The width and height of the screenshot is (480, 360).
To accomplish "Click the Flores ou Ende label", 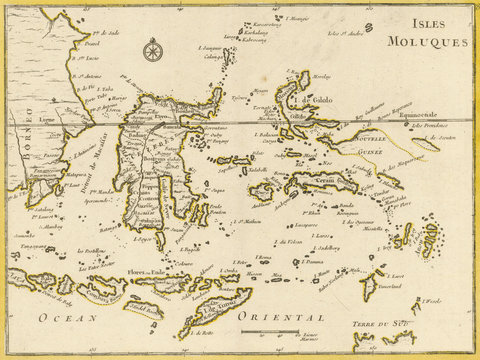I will [149, 269].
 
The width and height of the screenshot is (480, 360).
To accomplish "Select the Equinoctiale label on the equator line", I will [422, 116].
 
